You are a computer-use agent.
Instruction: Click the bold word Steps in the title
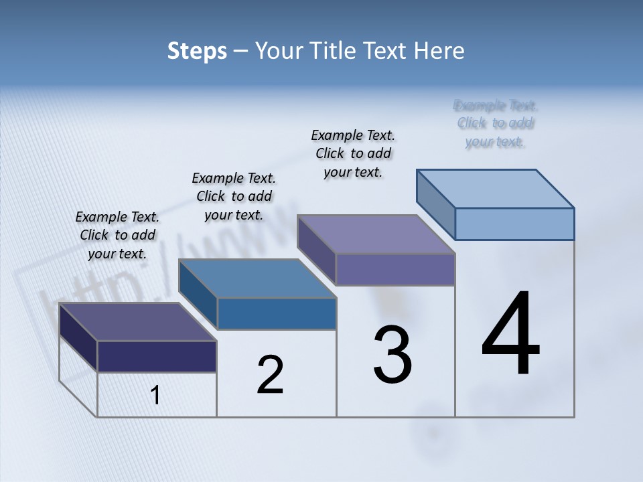point(197,51)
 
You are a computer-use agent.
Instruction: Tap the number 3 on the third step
point(392,355)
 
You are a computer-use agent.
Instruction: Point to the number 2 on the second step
point(270,375)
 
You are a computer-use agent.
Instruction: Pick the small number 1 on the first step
point(155,395)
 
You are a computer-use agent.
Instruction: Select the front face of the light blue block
point(514,224)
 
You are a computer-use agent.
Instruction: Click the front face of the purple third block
point(395,269)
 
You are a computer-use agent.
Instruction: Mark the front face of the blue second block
point(277,313)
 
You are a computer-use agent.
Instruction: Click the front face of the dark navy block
point(157,356)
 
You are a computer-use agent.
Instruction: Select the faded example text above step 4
point(496,123)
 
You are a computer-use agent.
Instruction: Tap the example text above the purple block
point(353,153)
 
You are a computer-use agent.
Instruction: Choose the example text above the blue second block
point(234,196)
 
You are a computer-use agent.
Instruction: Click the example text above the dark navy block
point(117,235)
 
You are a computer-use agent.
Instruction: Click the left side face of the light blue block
point(436,204)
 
